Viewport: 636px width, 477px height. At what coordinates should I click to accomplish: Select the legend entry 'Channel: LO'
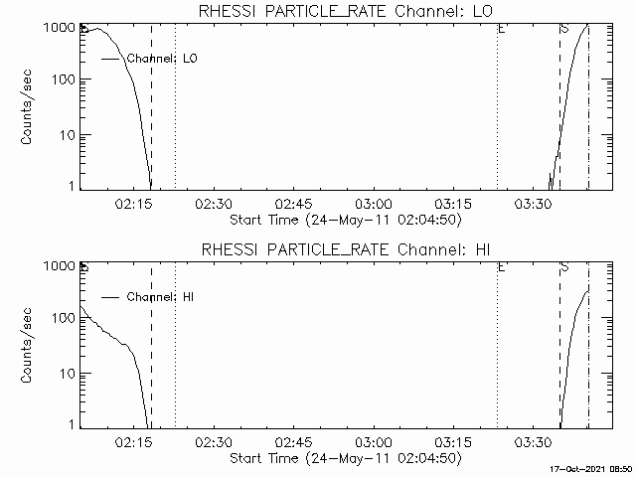point(164,59)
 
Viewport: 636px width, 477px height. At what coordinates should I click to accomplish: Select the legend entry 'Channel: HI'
point(164,297)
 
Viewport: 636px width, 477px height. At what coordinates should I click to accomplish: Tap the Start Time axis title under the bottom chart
point(345,458)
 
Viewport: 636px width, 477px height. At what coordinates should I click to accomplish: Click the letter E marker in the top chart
point(502,29)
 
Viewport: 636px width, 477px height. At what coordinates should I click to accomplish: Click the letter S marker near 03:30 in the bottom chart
point(563,267)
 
